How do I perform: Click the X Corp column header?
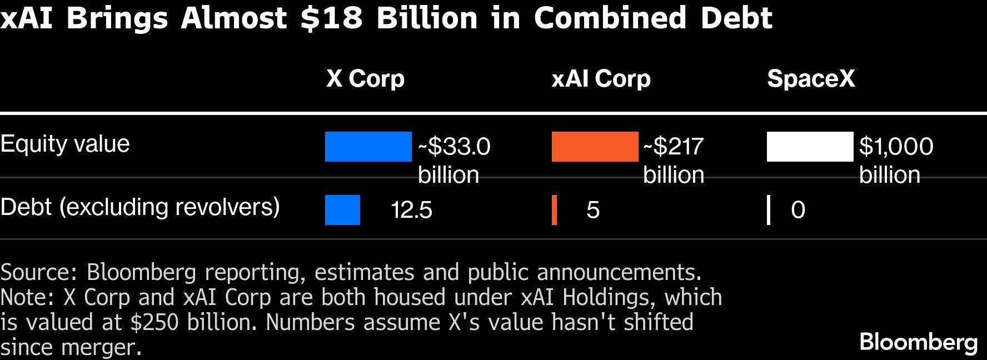pyautogui.click(x=365, y=79)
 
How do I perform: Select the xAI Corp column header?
pyautogui.click(x=601, y=79)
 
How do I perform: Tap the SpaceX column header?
pyautogui.click(x=811, y=79)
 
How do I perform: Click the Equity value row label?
pyautogui.click(x=65, y=144)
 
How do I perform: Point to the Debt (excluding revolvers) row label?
pyautogui.click(x=140, y=207)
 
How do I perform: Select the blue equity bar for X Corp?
pyautogui.click(x=368, y=147)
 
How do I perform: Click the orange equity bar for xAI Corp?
pyautogui.click(x=595, y=147)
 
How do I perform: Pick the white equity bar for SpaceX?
pyautogui.click(x=810, y=147)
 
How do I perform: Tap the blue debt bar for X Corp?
pyautogui.click(x=342, y=210)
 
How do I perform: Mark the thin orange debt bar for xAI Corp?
pyautogui.click(x=554, y=210)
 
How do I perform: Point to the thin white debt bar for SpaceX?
pyautogui.click(x=769, y=210)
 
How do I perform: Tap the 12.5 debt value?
pyautogui.click(x=411, y=210)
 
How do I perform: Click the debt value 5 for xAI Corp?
pyautogui.click(x=593, y=210)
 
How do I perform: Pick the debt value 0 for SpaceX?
pyautogui.click(x=798, y=210)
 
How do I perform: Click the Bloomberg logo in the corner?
pyautogui.click(x=919, y=342)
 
